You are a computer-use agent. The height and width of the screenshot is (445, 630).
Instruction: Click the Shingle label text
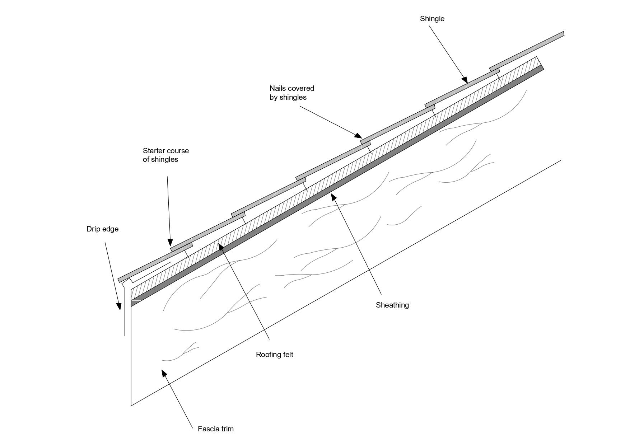[432, 19]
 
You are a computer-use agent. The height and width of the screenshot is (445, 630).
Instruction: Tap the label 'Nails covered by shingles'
[291, 93]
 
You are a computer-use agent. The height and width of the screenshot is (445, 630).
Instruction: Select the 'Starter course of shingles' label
[165, 155]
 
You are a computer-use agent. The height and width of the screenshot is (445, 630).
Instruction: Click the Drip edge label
[102, 229]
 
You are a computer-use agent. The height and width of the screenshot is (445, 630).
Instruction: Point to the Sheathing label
[392, 305]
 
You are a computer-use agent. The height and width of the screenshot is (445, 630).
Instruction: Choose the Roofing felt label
[274, 355]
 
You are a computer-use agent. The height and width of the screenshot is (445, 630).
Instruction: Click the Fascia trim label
[215, 429]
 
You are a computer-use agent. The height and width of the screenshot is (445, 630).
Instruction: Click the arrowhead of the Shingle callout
[465, 80]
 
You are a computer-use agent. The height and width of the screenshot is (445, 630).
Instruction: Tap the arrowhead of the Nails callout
[359, 136]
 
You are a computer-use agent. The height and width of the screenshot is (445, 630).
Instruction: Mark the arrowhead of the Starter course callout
[170, 243]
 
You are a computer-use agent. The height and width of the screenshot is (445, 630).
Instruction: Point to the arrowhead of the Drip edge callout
[119, 306]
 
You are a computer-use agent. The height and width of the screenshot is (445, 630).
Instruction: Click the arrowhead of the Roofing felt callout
[221, 247]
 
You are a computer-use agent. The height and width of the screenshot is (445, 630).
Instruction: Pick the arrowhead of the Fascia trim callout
[164, 373]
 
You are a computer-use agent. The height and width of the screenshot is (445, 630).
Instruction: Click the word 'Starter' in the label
[154, 151]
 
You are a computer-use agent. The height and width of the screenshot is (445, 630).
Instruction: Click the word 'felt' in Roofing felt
[287, 355]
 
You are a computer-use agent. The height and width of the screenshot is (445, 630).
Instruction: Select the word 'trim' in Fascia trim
[227, 429]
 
